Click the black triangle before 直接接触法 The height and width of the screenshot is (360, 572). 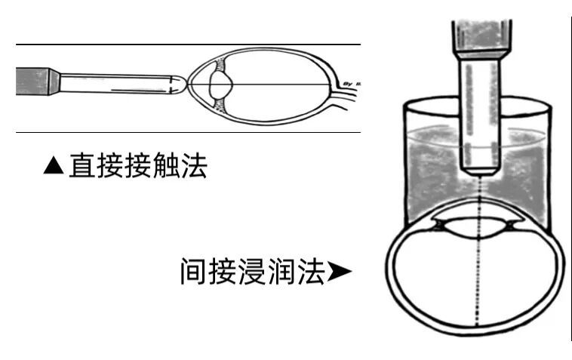pyautogui.click(x=54, y=166)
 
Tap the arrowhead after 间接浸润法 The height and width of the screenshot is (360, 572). pyautogui.click(x=339, y=271)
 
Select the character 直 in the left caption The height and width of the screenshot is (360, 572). pyautogui.click(x=81, y=166)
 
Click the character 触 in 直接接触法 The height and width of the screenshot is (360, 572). pyautogui.click(x=165, y=166)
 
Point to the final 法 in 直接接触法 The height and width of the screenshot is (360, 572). pyautogui.click(x=193, y=166)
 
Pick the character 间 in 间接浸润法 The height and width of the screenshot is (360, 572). pyautogui.click(x=193, y=271)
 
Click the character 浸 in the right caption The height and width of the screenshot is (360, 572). pyautogui.click(x=251, y=271)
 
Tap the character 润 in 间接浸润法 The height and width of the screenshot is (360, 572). pyautogui.click(x=279, y=271)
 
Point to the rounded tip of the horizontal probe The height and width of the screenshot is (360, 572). pyautogui.click(x=178, y=82)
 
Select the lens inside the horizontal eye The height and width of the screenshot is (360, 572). pyautogui.click(x=220, y=84)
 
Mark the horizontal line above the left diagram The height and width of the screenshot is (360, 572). pyautogui.click(x=189, y=45)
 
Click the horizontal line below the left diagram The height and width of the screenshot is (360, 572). pyautogui.click(x=189, y=132)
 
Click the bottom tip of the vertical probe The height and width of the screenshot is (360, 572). pyautogui.click(x=480, y=171)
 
